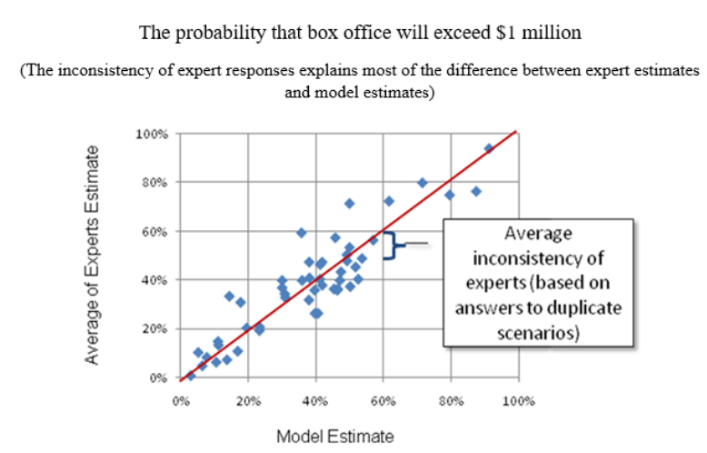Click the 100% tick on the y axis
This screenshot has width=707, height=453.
[153, 134]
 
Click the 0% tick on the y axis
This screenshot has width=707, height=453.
[158, 377]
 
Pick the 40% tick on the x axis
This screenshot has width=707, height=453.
[314, 400]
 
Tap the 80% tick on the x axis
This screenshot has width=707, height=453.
[450, 400]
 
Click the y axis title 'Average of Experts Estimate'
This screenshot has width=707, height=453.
[93, 256]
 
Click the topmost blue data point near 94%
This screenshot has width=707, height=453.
[488, 148]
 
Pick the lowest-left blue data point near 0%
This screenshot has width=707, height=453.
[191, 375]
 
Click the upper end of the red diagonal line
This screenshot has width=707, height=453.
[515, 132]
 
